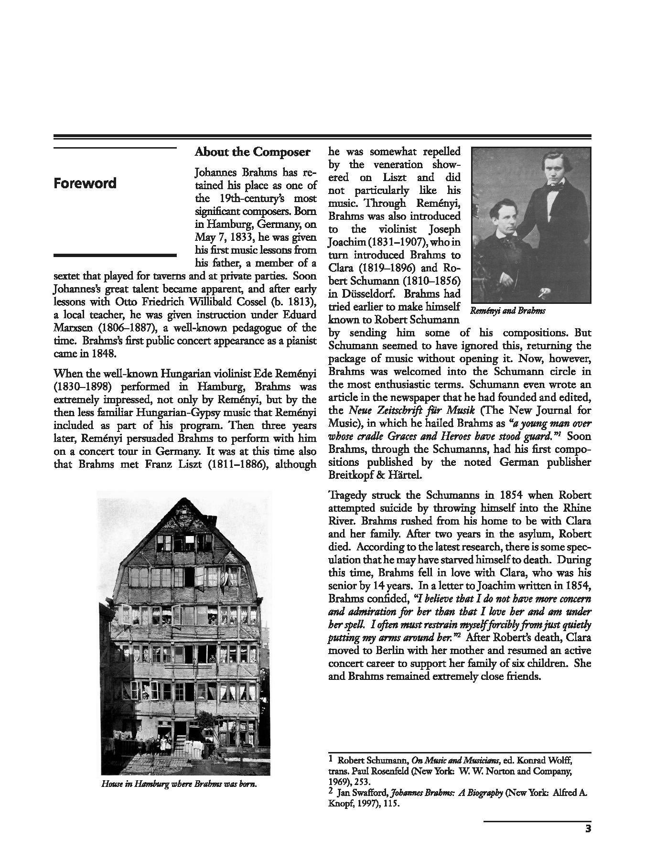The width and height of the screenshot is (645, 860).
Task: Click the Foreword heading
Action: (x=85, y=183)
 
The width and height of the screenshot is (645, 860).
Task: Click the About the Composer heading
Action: (x=252, y=152)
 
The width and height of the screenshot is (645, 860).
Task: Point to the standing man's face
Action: (x=551, y=169)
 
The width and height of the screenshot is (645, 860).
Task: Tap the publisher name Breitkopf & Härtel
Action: (x=375, y=475)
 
